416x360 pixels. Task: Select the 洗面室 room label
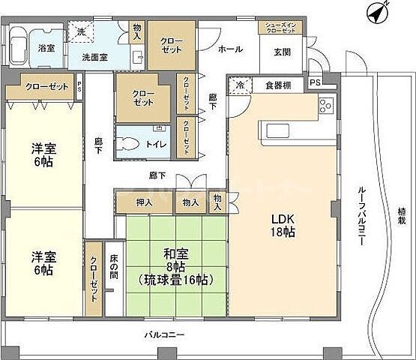[x=94, y=56]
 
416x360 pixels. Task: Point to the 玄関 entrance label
[x=283, y=51]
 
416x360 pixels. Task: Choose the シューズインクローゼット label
[x=282, y=27]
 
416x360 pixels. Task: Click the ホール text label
[x=230, y=49]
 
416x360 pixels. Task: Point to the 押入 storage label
[x=144, y=202]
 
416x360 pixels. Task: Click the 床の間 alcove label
[x=113, y=266]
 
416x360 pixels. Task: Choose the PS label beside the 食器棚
[x=314, y=82]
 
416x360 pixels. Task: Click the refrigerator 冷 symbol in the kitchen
[x=238, y=85]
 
